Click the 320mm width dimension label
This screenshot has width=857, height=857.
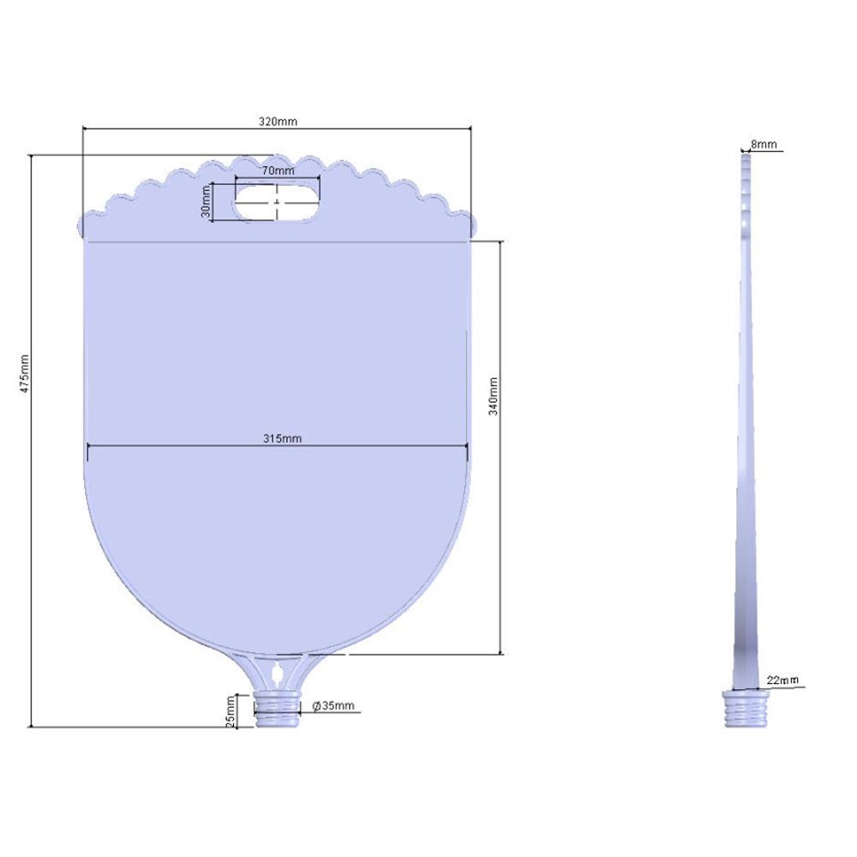click(x=278, y=122)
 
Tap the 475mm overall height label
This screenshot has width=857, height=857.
click(x=25, y=374)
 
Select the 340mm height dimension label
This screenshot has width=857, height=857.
click(x=493, y=396)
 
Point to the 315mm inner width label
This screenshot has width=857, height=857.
click(x=282, y=438)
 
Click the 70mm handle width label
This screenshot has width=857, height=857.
click(x=278, y=171)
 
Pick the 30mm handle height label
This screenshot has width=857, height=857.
click(x=206, y=201)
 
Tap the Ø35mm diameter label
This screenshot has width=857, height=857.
click(x=333, y=705)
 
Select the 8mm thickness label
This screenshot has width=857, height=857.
click(x=764, y=144)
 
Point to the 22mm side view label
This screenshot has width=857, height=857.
click(x=782, y=680)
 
